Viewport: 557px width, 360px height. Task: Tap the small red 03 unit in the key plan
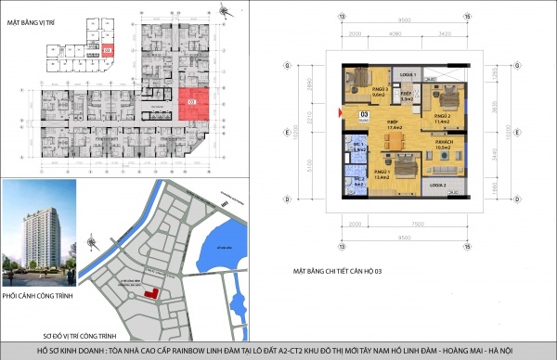(108, 50)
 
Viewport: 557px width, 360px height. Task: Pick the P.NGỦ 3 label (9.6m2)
(353, 92)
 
